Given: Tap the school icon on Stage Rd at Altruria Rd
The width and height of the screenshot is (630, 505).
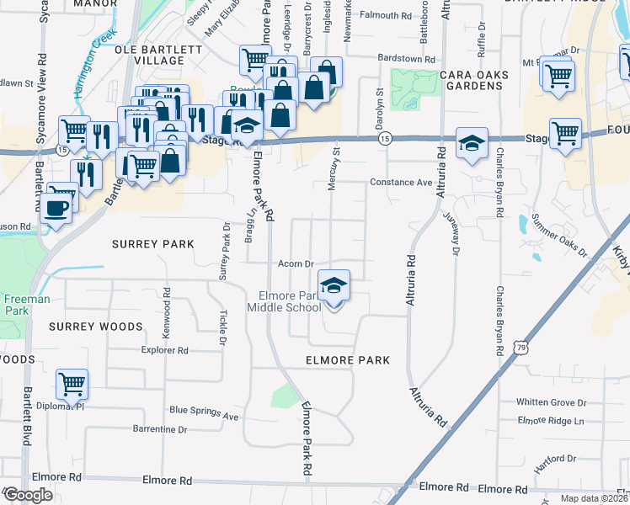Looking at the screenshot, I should pyautogui.click(x=472, y=142).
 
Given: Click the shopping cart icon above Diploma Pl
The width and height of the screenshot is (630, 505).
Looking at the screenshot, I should pyautogui.click(x=72, y=385).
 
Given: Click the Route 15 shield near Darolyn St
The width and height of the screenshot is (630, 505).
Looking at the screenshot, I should pyautogui.click(x=384, y=138).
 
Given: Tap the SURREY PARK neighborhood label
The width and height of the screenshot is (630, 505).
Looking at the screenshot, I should pyautogui.click(x=153, y=244).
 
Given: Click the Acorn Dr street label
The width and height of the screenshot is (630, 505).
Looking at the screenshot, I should pyautogui.click(x=296, y=264).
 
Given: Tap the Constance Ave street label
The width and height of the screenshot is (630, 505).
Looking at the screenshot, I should pyautogui.click(x=401, y=183).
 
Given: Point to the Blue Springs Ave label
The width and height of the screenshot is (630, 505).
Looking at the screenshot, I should pyautogui.click(x=204, y=412).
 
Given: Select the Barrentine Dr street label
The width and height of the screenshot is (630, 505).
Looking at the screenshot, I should pyautogui.click(x=159, y=429).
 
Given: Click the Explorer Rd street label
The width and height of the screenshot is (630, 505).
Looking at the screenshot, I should pyautogui.click(x=164, y=349).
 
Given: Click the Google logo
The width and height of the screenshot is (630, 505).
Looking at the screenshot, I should pyautogui.click(x=27, y=495).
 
